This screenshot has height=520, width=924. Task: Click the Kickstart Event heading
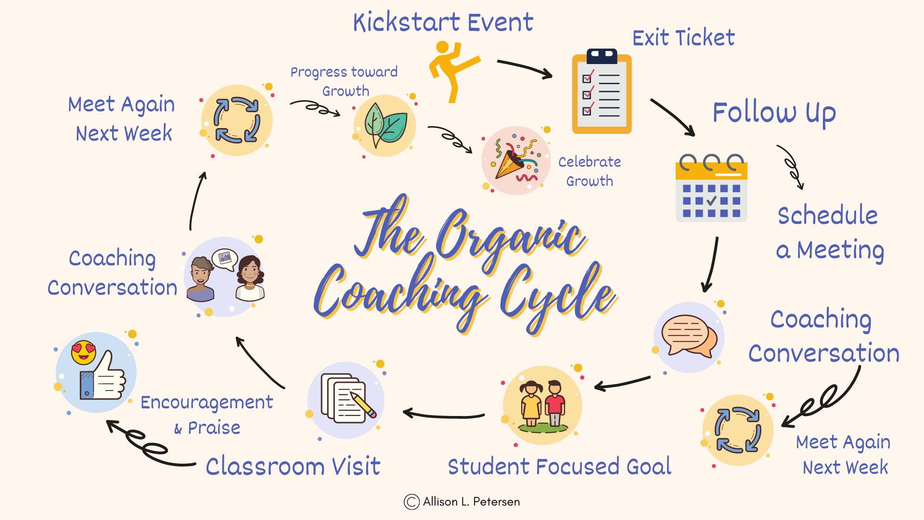(x=443, y=22)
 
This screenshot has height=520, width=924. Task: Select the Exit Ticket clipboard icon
(x=602, y=91)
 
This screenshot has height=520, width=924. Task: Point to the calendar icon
(x=711, y=189)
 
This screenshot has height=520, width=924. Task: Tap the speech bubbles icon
(x=689, y=336)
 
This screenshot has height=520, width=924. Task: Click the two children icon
(x=542, y=404)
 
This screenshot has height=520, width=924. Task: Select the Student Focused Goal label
(x=559, y=466)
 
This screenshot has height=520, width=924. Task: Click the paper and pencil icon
(x=346, y=400)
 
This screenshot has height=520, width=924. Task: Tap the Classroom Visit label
(x=293, y=466)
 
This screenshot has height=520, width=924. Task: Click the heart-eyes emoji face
(x=83, y=352)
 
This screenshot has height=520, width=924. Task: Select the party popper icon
(x=516, y=161)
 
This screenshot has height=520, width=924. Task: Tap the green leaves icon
(x=385, y=125)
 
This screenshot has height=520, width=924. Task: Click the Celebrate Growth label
(x=590, y=171)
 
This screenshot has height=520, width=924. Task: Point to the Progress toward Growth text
(x=344, y=81)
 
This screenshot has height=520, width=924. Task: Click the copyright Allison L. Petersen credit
(x=462, y=502)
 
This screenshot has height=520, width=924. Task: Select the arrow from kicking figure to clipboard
(x=525, y=68)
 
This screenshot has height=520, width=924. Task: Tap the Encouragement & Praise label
(x=207, y=414)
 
